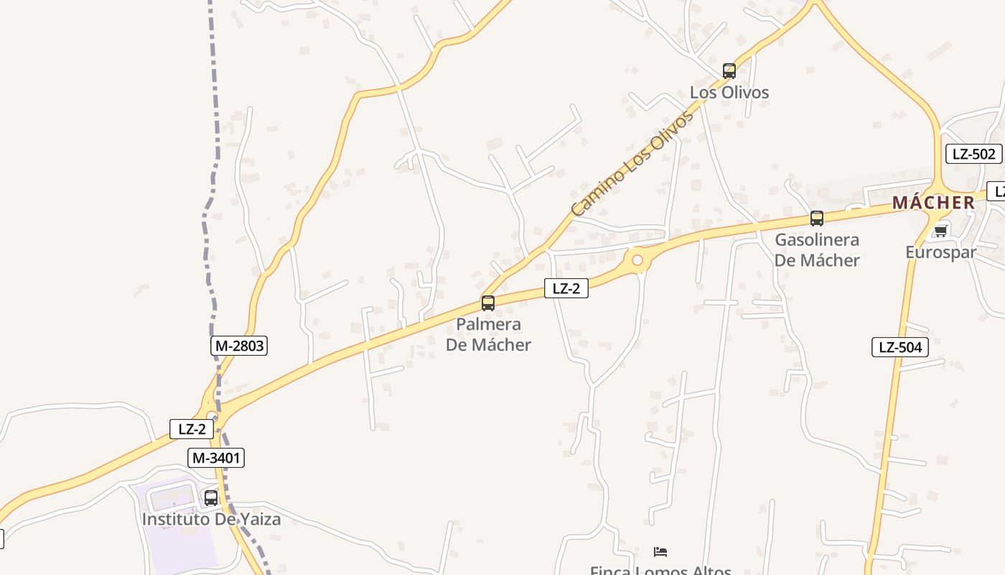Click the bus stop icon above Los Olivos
(x=729, y=70)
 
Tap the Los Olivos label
(x=729, y=93)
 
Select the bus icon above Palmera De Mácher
(x=488, y=303)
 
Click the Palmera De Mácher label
(x=488, y=334)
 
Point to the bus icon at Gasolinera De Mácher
(x=817, y=218)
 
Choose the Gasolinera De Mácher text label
(x=817, y=249)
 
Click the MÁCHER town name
(x=933, y=203)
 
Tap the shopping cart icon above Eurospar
(x=940, y=231)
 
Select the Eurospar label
(x=940, y=252)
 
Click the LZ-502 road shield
(x=973, y=154)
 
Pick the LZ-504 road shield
(x=900, y=347)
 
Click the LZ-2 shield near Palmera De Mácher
(x=566, y=288)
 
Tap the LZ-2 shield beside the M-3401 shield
(x=192, y=429)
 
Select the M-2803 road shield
(x=239, y=346)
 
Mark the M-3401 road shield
(x=216, y=457)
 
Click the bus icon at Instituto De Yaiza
(x=211, y=497)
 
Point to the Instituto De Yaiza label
(x=211, y=519)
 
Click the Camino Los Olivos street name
(x=632, y=163)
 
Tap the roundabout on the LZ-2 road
(x=637, y=260)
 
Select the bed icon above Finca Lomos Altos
(x=660, y=552)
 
